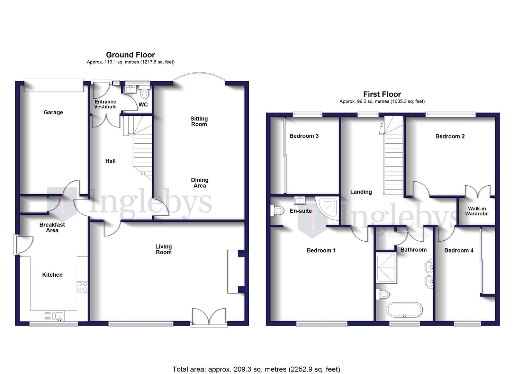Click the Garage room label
[x=53, y=112]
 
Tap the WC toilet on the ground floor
[x=145, y=93]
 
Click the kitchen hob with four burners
[x=82, y=286]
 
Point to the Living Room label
[x=163, y=249]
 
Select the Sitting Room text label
[x=199, y=122]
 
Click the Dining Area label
[x=200, y=183]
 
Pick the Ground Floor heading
[x=130, y=55]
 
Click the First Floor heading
[x=382, y=94]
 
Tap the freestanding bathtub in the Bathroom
[x=404, y=310]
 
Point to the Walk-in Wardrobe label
[x=477, y=211]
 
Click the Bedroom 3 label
[x=304, y=136]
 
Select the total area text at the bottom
[x=256, y=369]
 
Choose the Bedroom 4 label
[x=459, y=250]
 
